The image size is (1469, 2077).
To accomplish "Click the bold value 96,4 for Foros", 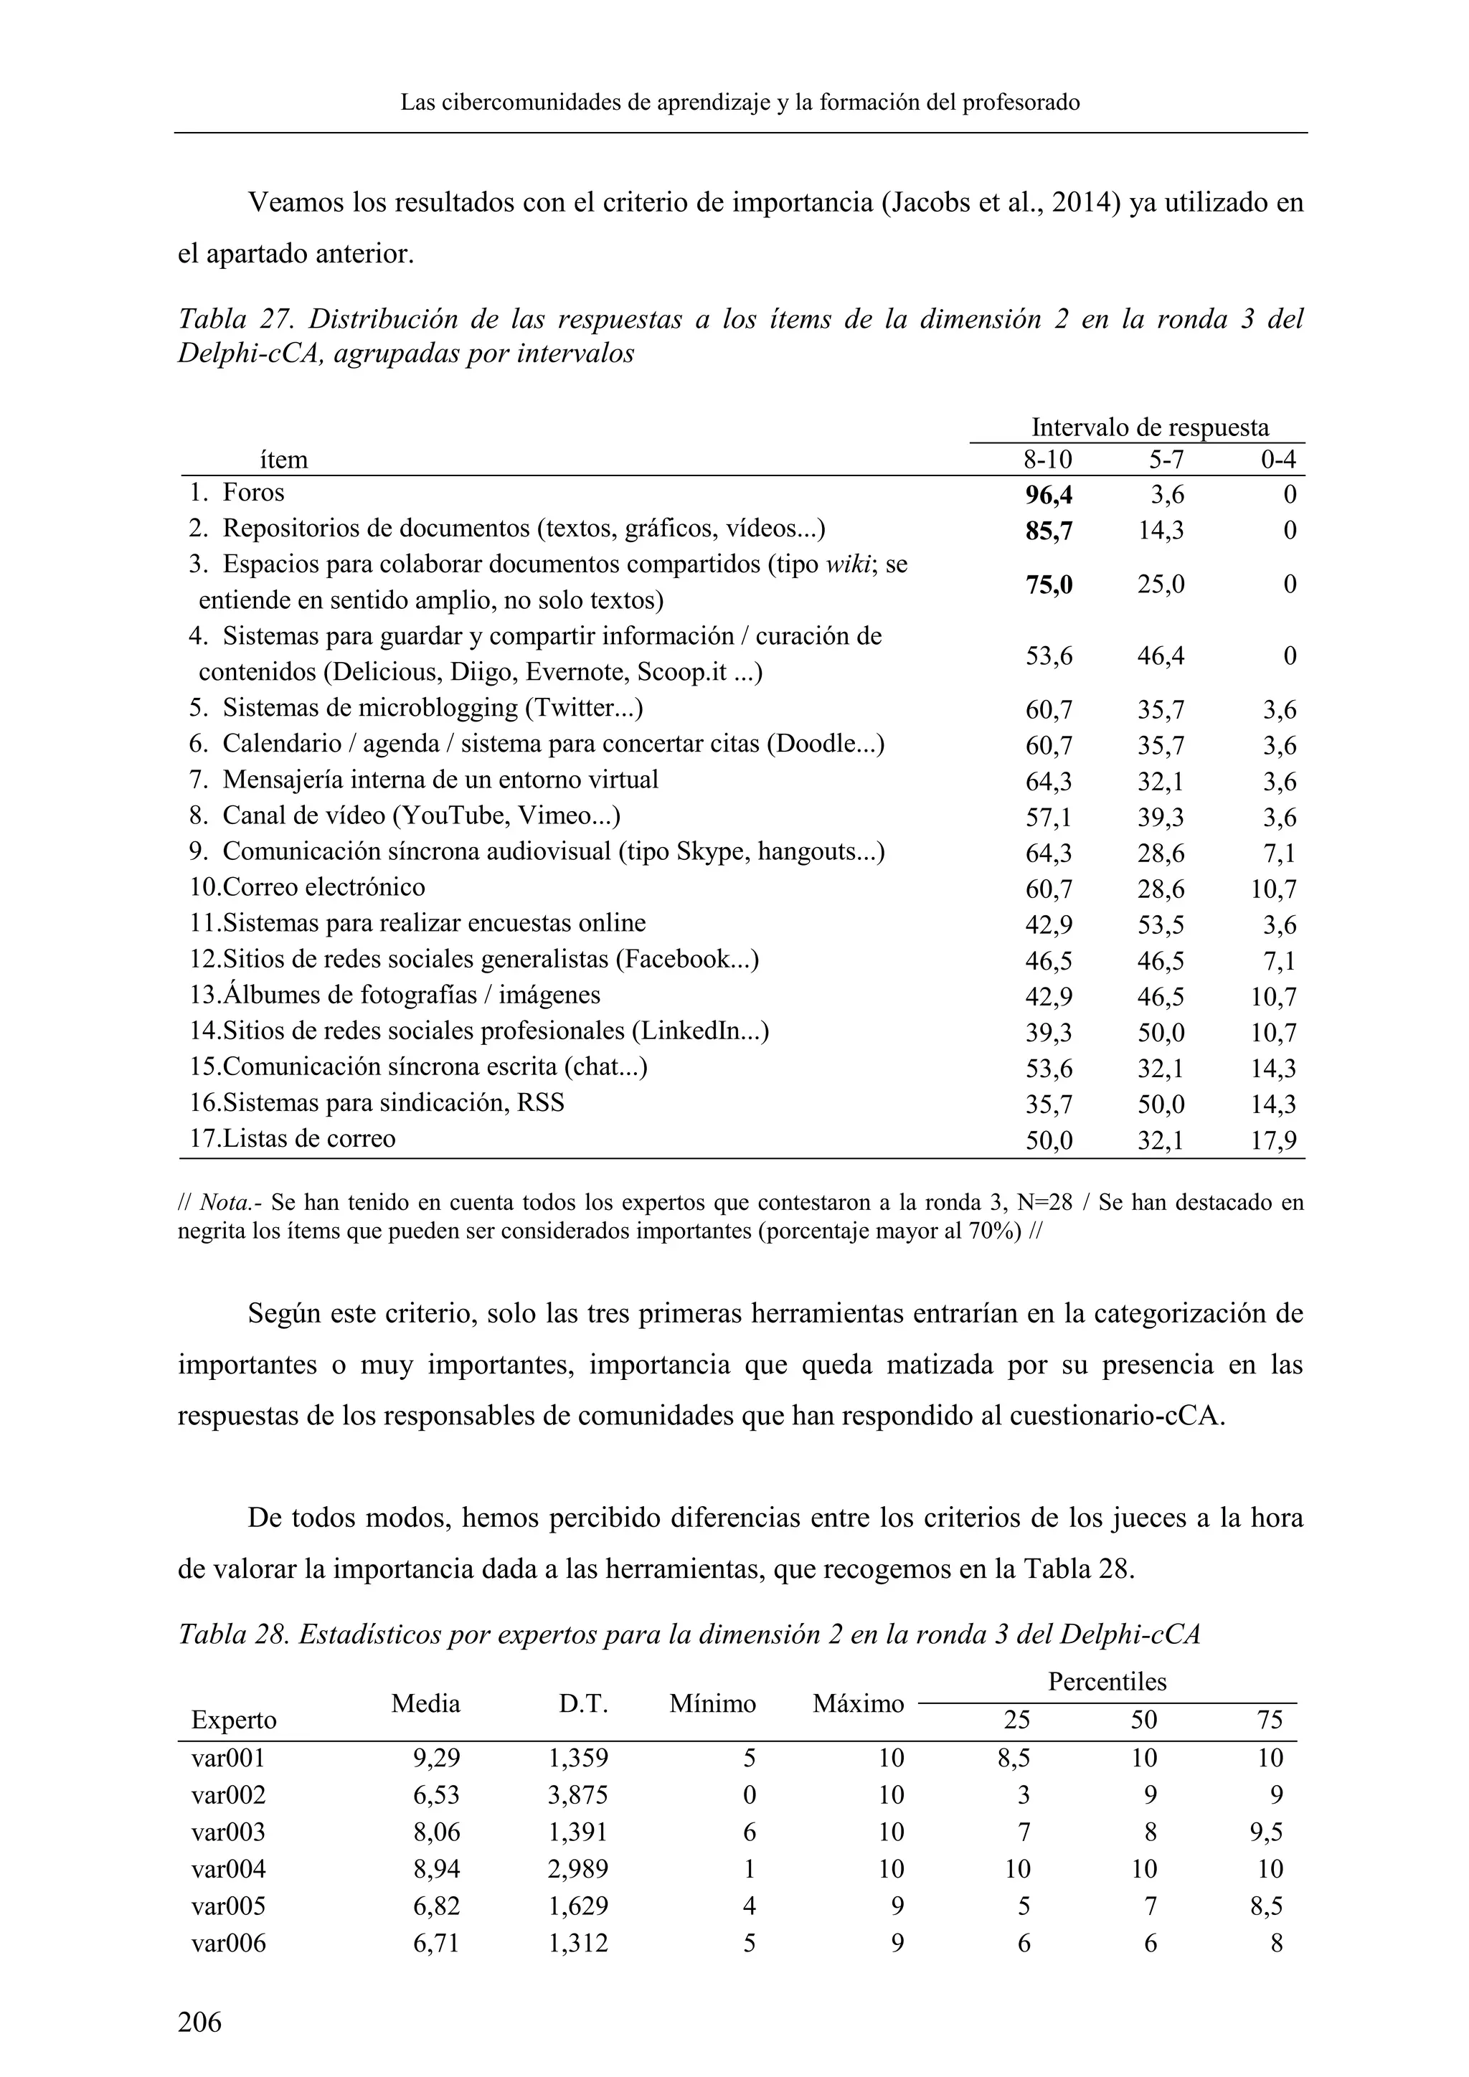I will [x=1049, y=495].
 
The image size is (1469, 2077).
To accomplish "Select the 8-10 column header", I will [x=1047, y=460].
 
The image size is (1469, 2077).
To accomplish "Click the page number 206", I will [x=200, y=2021].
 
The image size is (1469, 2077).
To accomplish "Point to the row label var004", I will [x=229, y=1869].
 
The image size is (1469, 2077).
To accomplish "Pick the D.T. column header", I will [x=583, y=1704].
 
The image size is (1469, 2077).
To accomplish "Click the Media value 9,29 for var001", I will [x=437, y=1758].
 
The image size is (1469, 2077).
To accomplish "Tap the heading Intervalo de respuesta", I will [x=1150, y=427].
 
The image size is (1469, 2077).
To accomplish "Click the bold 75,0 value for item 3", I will [x=1049, y=585].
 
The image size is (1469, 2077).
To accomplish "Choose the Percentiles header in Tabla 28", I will [x=1107, y=1682].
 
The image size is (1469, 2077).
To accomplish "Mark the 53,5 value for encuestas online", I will [x=1161, y=925].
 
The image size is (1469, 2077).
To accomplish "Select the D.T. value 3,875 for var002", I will [x=578, y=1794].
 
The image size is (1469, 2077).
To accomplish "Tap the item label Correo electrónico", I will [x=323, y=886].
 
